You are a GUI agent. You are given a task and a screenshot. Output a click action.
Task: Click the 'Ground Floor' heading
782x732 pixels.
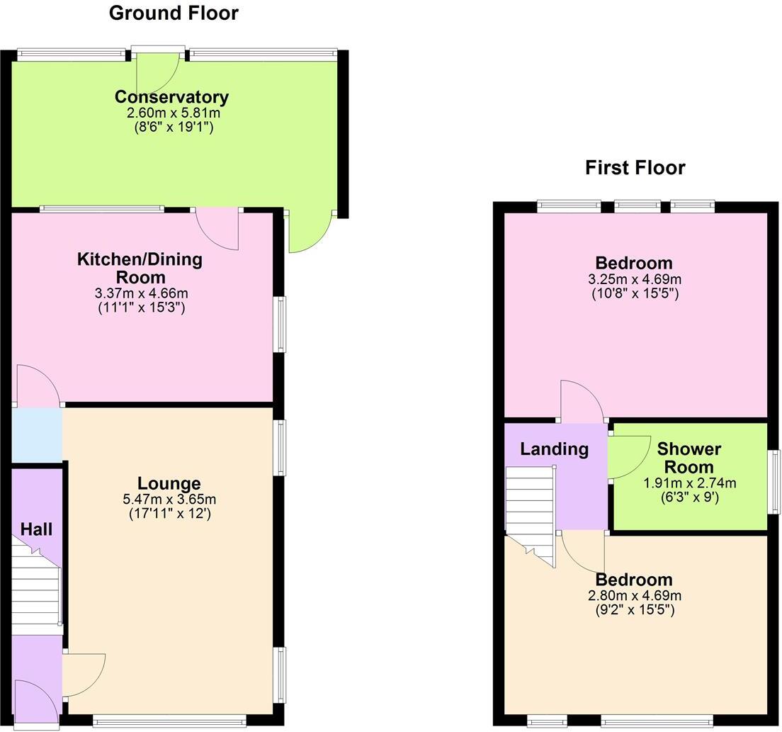[174, 13]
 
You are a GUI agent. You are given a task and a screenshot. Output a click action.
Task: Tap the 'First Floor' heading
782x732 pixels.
[635, 168]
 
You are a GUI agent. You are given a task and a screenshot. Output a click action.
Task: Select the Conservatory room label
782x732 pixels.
[171, 97]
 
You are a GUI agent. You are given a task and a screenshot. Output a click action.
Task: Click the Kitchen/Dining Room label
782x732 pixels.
[140, 268]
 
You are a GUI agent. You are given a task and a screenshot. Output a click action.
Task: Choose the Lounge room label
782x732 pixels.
[169, 484]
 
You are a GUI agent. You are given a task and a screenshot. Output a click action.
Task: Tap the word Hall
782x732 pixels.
[36, 529]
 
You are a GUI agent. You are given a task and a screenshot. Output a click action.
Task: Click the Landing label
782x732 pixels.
[554, 449]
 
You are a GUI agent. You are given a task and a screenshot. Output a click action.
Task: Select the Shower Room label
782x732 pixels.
[689, 458]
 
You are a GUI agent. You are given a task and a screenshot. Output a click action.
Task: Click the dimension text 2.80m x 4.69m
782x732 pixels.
[634, 595]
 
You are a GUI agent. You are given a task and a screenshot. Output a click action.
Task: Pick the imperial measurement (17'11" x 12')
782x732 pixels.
[169, 513]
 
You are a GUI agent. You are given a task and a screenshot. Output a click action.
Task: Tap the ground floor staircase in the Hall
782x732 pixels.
[35, 588]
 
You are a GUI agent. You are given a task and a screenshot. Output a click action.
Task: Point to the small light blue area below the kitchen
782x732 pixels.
[37, 434]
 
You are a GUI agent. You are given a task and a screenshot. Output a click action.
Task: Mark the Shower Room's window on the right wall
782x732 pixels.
[776, 481]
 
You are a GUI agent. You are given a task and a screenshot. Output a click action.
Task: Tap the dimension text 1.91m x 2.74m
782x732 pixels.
[689, 483]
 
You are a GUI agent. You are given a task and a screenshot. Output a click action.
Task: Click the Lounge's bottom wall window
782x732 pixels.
[169, 721]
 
